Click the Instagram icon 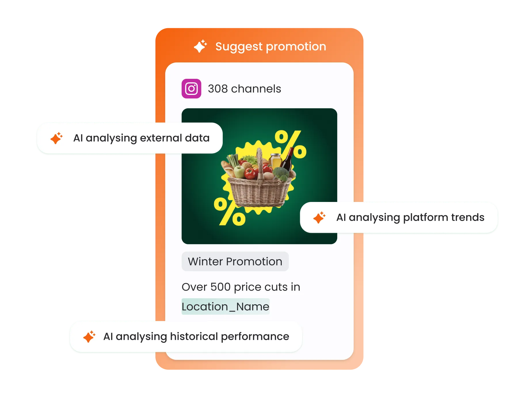pyautogui.click(x=191, y=89)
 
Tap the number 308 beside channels pyautogui.click(x=218, y=89)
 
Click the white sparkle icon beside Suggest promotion pyautogui.click(x=200, y=46)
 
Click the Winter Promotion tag pyautogui.click(x=235, y=262)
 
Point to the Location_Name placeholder pyautogui.click(x=225, y=307)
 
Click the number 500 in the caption pyautogui.click(x=220, y=287)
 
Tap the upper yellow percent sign pyautogui.click(x=290, y=144)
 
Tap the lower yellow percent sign pyautogui.click(x=229, y=211)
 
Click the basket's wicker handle pyautogui.click(x=260, y=164)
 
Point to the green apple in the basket pyautogui.click(x=239, y=171)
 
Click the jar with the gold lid pyautogui.click(x=275, y=160)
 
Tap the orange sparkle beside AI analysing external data pyautogui.click(x=56, y=138)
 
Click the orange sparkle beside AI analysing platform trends pyautogui.click(x=319, y=217)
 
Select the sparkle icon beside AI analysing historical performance pyautogui.click(x=89, y=337)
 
